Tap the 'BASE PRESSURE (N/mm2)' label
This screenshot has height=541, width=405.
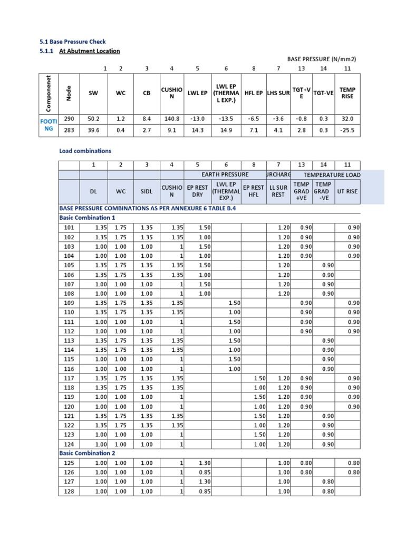click(x=322, y=60)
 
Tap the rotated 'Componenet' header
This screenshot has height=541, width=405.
click(x=49, y=93)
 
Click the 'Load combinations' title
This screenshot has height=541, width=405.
click(x=85, y=151)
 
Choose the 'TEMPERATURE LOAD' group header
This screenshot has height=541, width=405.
click(x=332, y=174)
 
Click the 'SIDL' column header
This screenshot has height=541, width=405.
click(x=146, y=191)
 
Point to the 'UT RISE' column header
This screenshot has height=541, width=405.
click(x=347, y=191)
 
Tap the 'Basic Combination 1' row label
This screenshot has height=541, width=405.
click(x=86, y=218)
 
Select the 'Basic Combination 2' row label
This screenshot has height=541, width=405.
click(x=86, y=453)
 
